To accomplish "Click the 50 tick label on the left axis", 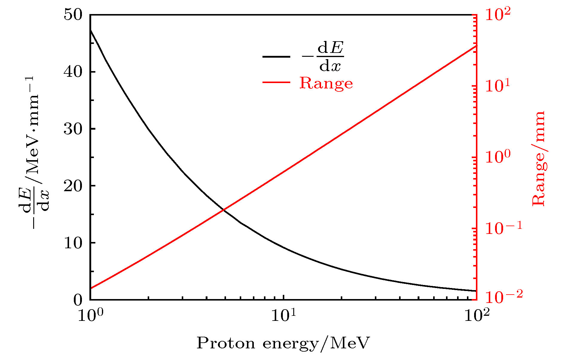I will click(x=73, y=15).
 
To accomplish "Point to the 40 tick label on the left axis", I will click(x=73, y=72).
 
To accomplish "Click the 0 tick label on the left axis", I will click(x=77, y=300).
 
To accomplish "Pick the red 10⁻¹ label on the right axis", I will click(x=503, y=229).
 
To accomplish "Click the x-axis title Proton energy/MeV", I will click(x=283, y=343).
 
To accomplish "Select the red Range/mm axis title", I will click(x=539, y=158).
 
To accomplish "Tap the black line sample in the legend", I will click(x=276, y=56).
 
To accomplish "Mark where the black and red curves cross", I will click(x=223, y=210).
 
